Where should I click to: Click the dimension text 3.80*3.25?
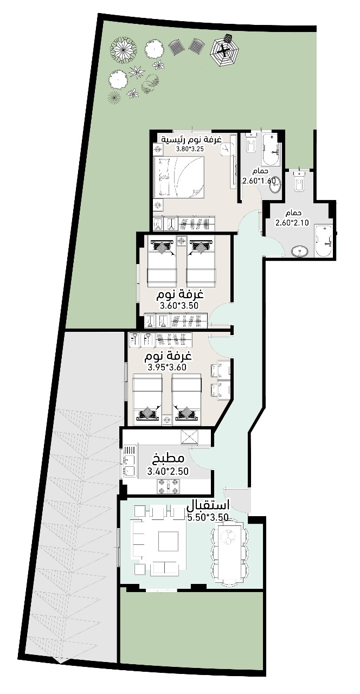[190, 149]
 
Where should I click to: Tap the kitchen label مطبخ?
[168, 458]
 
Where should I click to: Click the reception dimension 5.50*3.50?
[208, 517]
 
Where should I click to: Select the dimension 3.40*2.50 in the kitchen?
[168, 471]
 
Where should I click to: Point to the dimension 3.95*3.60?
[168, 368]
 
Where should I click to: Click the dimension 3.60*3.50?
[179, 306]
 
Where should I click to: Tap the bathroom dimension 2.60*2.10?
[292, 222]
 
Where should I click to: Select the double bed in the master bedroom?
[179, 177]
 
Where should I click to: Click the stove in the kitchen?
[169, 487]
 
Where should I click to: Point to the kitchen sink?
[130, 461]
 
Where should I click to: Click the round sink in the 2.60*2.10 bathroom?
[300, 251]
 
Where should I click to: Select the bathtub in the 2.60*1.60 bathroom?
[272, 149]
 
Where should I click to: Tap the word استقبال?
[208, 506]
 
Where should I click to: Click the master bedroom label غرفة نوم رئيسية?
[191, 139]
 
